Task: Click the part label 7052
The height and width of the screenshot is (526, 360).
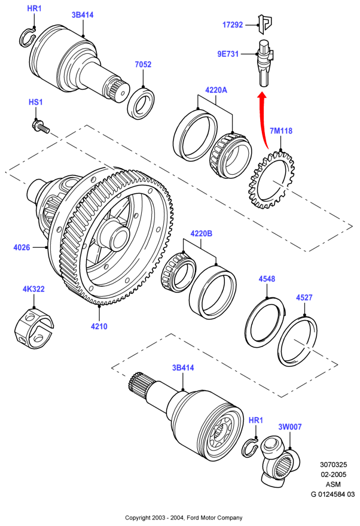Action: tap(143, 64)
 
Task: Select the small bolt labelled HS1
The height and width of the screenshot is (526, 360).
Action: tap(41, 126)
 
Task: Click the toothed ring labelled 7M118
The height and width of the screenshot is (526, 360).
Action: tap(271, 180)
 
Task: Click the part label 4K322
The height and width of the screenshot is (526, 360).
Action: tap(33, 289)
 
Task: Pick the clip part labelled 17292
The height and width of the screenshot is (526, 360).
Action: tap(264, 24)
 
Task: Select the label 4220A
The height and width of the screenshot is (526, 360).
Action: tap(216, 90)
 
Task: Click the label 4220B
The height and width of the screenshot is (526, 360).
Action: tap(201, 233)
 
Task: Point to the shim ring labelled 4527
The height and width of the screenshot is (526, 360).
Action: tap(298, 342)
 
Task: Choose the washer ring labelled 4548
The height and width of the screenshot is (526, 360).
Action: tap(265, 322)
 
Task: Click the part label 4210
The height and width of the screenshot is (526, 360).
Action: tap(99, 326)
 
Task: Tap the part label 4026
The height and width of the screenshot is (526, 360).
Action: tap(22, 247)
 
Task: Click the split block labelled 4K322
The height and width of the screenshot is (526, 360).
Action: tap(34, 328)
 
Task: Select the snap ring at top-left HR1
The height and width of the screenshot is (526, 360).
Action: tap(27, 38)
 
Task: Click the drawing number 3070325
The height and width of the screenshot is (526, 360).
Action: tap(333, 464)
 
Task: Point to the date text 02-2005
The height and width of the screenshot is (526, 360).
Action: tap(333, 475)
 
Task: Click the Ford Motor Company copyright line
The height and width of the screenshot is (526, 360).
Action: tap(184, 518)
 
